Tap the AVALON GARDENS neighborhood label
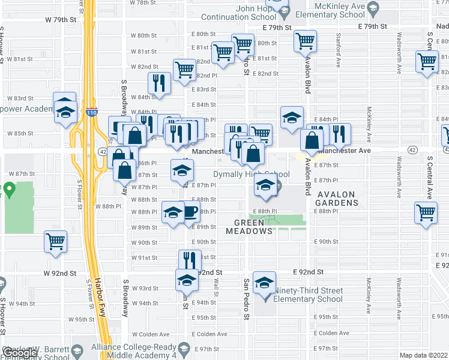tap(337, 199)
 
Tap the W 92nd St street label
tap(60, 273)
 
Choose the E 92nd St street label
tap(309, 272)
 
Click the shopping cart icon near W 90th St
tap(55, 242)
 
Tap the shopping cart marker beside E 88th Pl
tap(426, 212)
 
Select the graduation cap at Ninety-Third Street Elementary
tap(264, 282)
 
